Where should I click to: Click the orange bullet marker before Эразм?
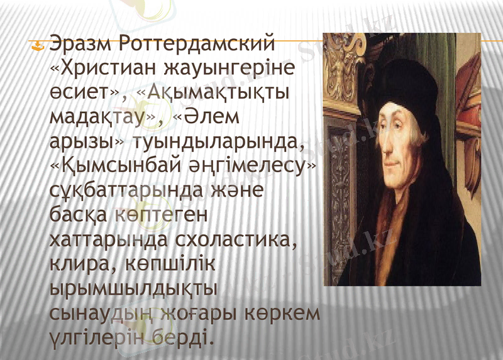point(39,46)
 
